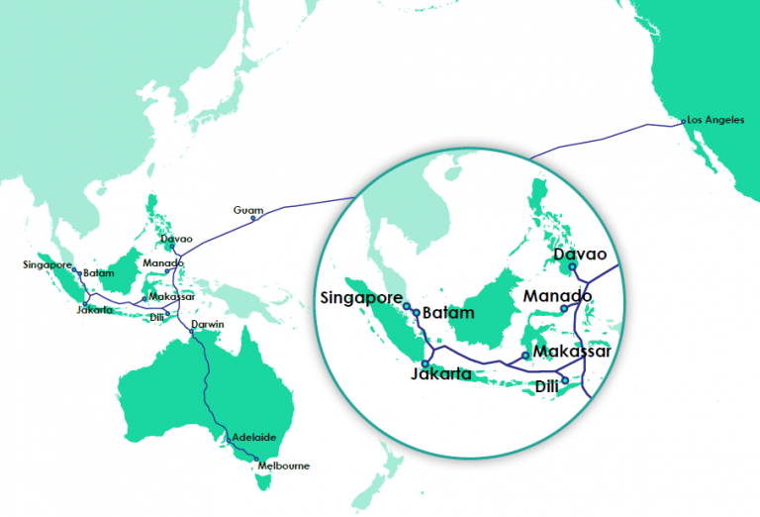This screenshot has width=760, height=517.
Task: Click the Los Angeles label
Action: point(715,119)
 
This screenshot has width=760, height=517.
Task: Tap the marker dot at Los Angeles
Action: point(682,122)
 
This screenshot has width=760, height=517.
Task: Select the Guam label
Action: point(246,210)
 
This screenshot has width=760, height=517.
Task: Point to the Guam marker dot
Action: point(253,219)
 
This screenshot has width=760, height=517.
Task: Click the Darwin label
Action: point(208,324)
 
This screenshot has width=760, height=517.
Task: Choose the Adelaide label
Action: point(252,436)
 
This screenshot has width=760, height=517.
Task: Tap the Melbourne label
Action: point(283,465)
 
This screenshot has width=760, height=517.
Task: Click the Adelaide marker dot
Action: point(227,439)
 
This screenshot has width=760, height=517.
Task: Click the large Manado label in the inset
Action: point(557,296)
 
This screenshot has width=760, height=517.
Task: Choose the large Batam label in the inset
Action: point(447,313)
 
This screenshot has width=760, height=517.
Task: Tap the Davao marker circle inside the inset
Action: point(572,266)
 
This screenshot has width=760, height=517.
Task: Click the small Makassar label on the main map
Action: point(171,296)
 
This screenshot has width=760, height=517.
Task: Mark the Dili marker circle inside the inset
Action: point(564,379)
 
